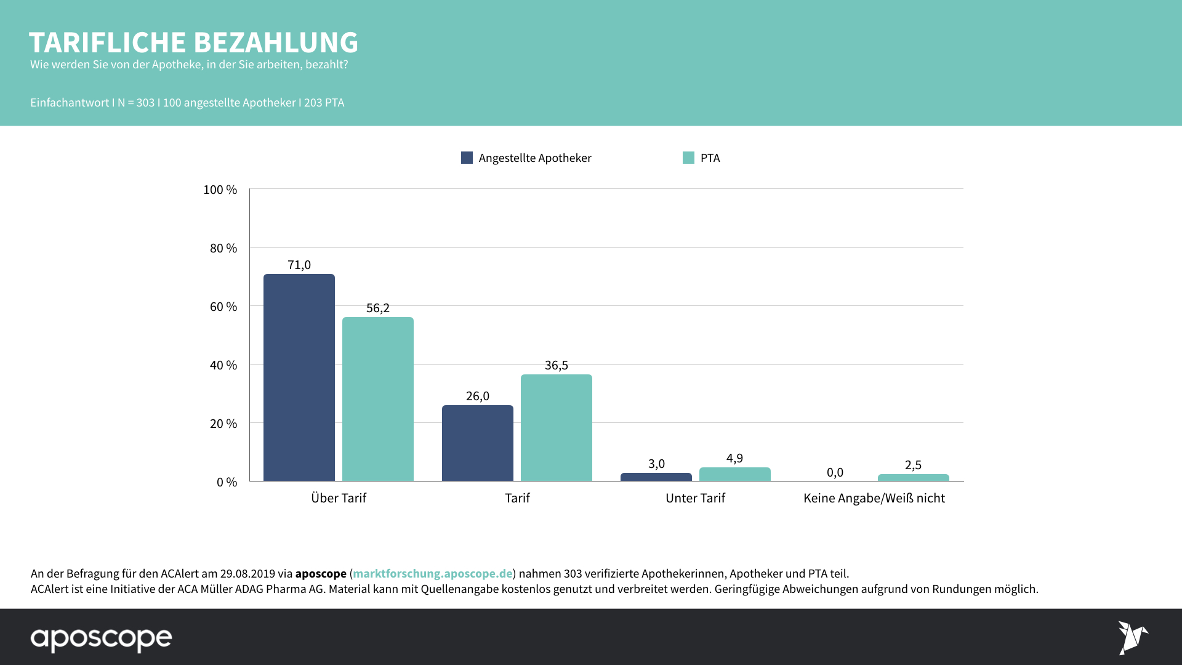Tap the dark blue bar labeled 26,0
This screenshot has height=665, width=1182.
(x=478, y=443)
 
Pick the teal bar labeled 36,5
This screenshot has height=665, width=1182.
(x=557, y=428)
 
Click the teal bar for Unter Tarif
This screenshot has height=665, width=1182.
(x=735, y=475)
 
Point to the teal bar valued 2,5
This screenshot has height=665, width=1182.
(x=914, y=478)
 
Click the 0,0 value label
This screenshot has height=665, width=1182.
(x=835, y=472)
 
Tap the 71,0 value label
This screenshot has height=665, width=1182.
(x=299, y=265)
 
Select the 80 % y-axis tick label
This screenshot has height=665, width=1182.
(x=223, y=248)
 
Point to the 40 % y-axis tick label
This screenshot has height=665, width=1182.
(x=223, y=365)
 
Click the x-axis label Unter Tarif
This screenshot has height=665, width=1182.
(x=695, y=498)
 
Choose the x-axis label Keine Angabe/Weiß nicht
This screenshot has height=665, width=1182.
(x=874, y=498)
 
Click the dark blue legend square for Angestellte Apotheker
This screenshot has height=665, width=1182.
(x=467, y=158)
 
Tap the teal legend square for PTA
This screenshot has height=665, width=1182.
(x=688, y=158)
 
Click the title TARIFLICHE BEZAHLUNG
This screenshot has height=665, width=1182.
(x=193, y=42)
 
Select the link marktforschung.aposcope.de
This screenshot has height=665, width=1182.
(x=432, y=573)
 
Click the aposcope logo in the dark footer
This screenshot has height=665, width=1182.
(x=102, y=639)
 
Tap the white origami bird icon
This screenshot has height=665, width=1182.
(x=1132, y=637)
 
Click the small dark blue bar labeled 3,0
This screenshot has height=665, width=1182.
(x=656, y=477)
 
